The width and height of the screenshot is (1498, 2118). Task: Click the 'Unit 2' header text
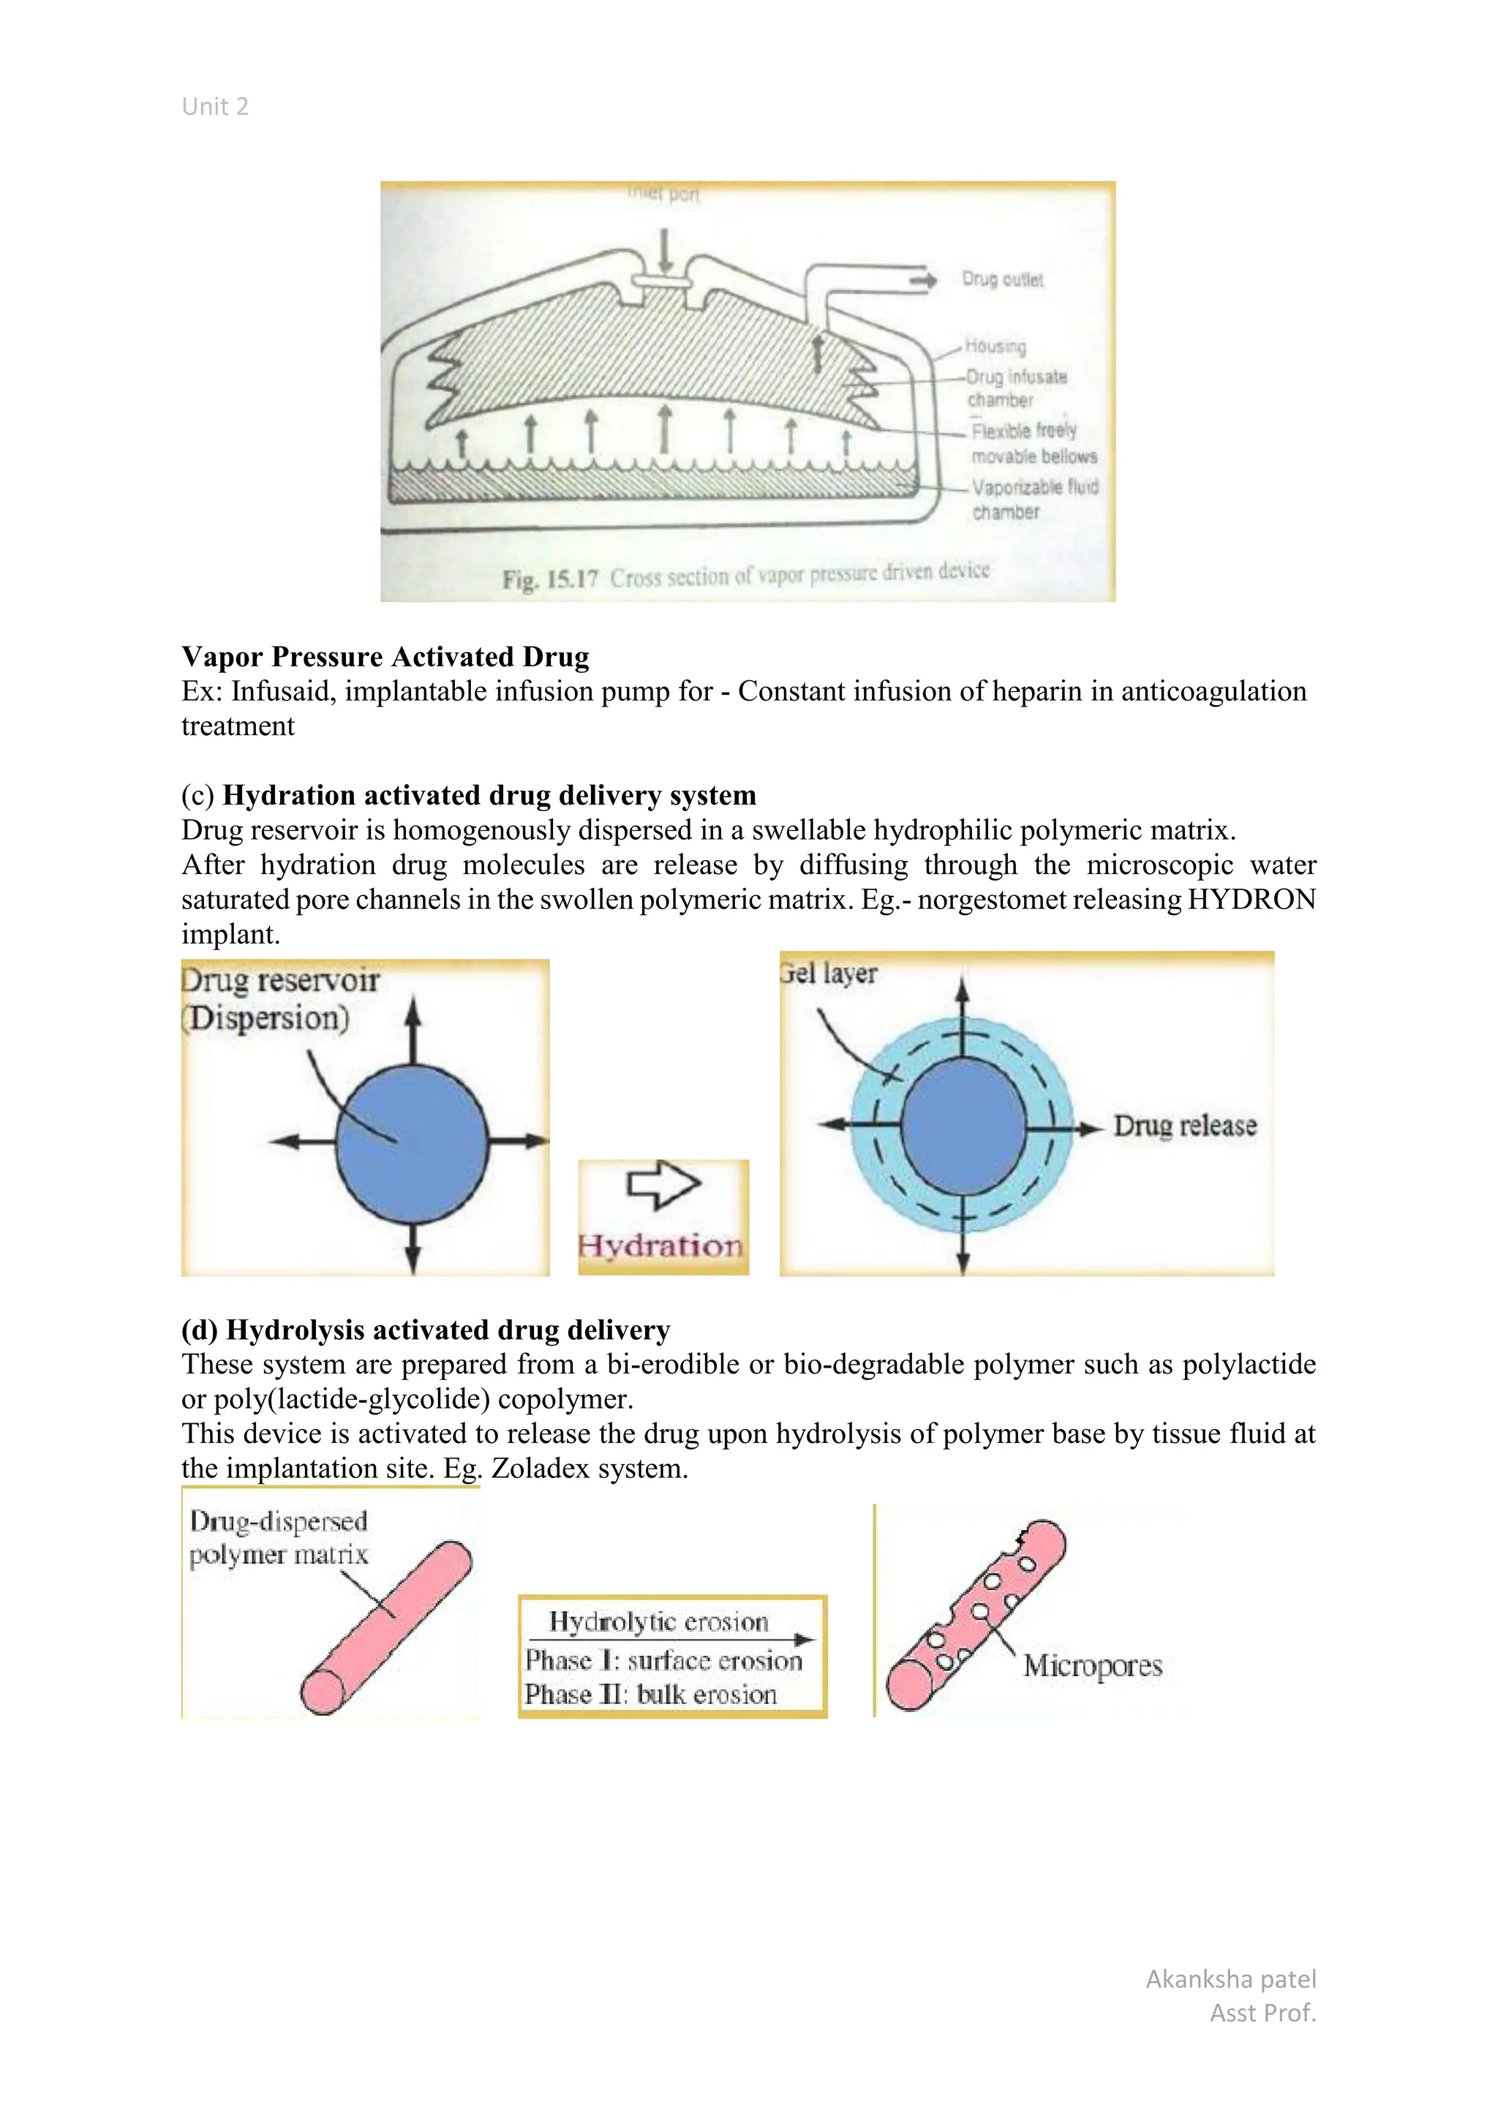click(x=215, y=107)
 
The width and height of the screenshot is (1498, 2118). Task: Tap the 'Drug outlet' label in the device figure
click(x=1002, y=279)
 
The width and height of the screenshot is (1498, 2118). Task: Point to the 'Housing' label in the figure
click(x=995, y=346)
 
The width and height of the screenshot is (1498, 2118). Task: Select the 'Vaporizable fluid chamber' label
click(x=1034, y=499)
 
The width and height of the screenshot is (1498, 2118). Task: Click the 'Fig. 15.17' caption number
click(x=550, y=579)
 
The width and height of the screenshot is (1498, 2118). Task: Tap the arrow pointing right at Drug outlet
click(x=922, y=279)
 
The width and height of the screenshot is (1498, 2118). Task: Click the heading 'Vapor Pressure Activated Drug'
click(x=385, y=657)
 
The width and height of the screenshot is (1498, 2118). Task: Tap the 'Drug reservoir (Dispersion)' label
click(x=279, y=999)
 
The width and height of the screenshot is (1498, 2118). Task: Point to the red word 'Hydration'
click(x=660, y=1246)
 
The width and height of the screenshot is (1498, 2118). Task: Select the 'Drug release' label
click(x=1184, y=1126)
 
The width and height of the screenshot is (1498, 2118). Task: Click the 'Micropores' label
click(x=1092, y=1666)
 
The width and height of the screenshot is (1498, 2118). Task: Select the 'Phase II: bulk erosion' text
click(x=650, y=1695)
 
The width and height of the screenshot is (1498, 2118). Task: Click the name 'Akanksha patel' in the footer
click(x=1230, y=1980)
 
